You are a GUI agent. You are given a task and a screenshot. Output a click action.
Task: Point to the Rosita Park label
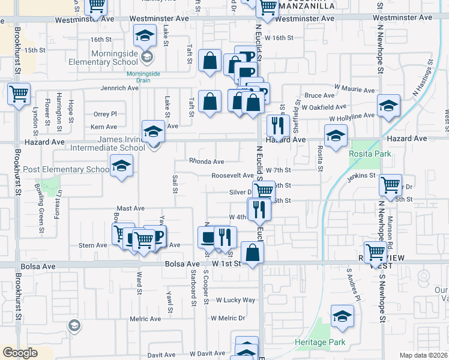370,154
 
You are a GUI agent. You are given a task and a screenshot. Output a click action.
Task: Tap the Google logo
20,353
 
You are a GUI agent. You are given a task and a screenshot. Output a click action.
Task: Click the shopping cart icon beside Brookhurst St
19,94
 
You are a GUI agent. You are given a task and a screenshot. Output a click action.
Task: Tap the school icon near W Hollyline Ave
388,106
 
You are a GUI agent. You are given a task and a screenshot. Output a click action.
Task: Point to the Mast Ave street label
130,208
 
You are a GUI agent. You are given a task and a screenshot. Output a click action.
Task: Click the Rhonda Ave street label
206,161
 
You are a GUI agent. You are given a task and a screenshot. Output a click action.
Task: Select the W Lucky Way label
236,299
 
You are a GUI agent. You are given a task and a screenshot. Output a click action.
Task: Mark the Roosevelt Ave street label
232,175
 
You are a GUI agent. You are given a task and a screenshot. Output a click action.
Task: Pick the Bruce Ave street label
319,95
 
